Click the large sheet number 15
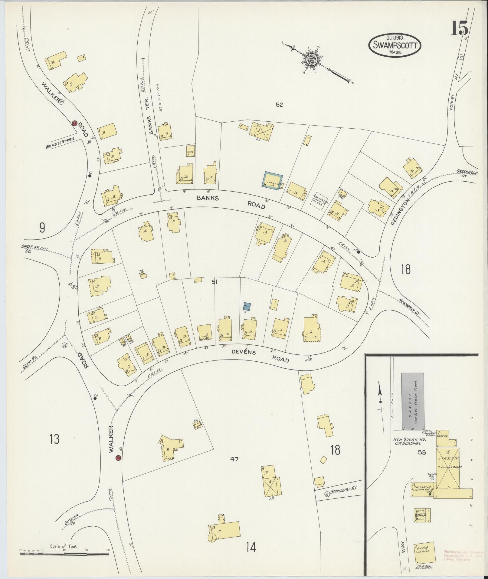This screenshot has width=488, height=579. pyautogui.click(x=460, y=28)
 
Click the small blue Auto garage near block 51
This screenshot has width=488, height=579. pyautogui.click(x=247, y=307)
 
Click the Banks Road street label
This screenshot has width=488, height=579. pyautogui.click(x=231, y=202)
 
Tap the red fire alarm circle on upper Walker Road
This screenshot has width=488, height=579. pyautogui.click(x=74, y=123)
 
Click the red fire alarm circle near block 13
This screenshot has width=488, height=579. pyautogui.click(x=118, y=467)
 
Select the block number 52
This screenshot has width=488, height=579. pyautogui.click(x=279, y=105)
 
